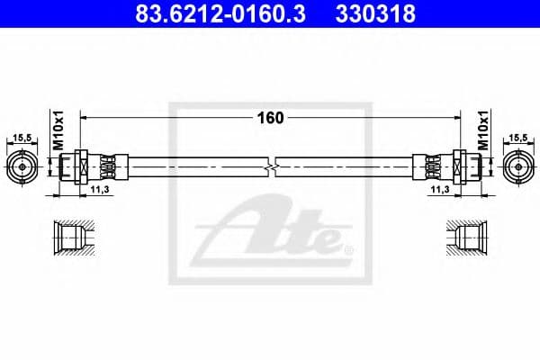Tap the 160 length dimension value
coord(270,117)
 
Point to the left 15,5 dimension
coord(22,138)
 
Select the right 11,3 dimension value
coord(440,191)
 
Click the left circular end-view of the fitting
coord(22,166)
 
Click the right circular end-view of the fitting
coord(517,166)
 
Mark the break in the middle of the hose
coord(270,166)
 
